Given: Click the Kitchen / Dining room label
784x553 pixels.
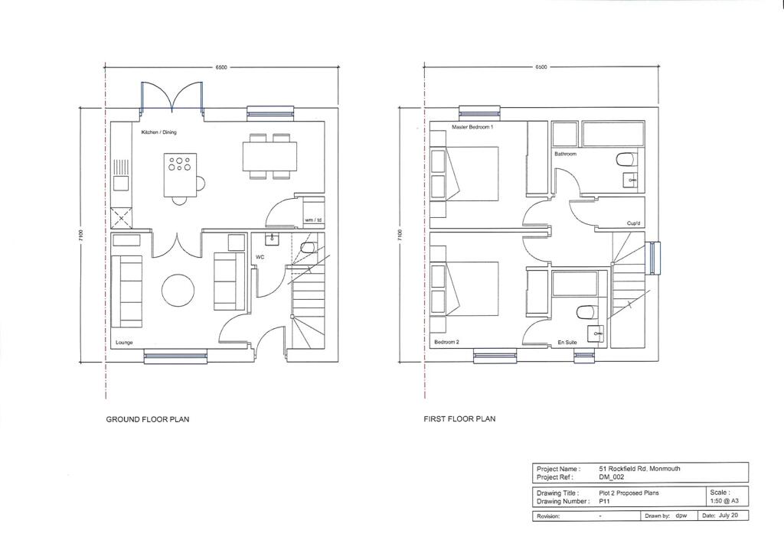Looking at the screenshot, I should pyautogui.click(x=158, y=132).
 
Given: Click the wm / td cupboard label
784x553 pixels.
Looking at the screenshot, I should pyautogui.click(x=313, y=220).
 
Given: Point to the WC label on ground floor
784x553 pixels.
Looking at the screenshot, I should pyautogui.click(x=260, y=258).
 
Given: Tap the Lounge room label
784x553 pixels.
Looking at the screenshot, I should pyautogui.click(x=124, y=343).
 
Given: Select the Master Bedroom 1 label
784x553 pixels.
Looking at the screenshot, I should pyautogui.click(x=472, y=127).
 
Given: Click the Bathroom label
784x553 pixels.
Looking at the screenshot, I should pyautogui.click(x=565, y=154).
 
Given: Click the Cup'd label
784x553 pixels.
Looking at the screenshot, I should pyautogui.click(x=633, y=223).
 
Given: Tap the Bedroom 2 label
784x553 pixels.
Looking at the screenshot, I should pyautogui.click(x=446, y=343).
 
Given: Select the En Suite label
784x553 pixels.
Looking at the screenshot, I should pyautogui.click(x=567, y=343).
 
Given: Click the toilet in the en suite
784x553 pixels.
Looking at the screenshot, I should pyautogui.click(x=586, y=312).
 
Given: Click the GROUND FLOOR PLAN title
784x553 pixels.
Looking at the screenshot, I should pyautogui.click(x=147, y=419).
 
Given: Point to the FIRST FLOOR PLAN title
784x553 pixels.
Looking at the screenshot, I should pyautogui.click(x=459, y=419).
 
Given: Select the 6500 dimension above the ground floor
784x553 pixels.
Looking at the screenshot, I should pyautogui.click(x=220, y=68).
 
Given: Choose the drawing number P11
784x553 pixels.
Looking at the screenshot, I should pyautogui.click(x=605, y=501).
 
